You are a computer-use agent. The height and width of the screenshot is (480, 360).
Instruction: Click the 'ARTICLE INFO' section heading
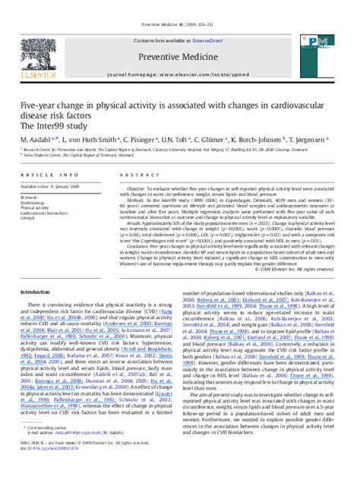(x=45, y=174)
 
